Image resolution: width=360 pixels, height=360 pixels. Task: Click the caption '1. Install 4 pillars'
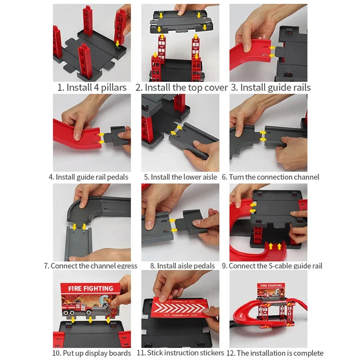click(92, 87)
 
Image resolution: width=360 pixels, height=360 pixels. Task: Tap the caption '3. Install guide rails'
click(271, 87)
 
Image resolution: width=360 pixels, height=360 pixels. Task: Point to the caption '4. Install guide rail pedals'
click(89, 177)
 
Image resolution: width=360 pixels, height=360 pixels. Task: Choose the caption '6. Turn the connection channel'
click(270, 177)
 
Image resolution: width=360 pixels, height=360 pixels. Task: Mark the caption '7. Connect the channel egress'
click(90, 265)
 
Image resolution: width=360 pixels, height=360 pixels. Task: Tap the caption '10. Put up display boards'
click(89, 353)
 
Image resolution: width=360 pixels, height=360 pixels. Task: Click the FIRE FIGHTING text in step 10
click(90, 288)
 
